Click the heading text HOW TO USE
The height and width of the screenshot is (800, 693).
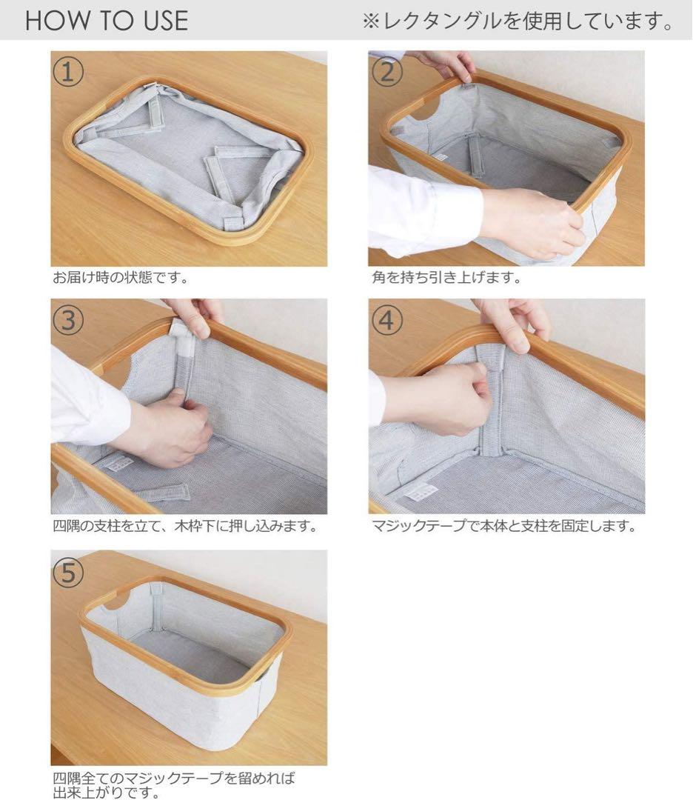pyautogui.click(x=107, y=21)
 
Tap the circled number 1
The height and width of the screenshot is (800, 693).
pyautogui.click(x=68, y=72)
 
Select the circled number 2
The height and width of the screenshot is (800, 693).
pyautogui.click(x=386, y=72)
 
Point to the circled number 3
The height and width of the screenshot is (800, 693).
pyautogui.click(x=68, y=320)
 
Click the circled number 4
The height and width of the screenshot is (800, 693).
pyautogui.click(x=386, y=320)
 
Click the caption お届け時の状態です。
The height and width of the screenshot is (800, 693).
pyautogui.click(x=121, y=278)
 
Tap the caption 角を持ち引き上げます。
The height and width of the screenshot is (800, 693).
pyautogui.click(x=446, y=278)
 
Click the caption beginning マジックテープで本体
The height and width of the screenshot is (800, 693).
pyautogui.click(x=504, y=525)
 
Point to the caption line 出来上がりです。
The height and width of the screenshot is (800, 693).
pyautogui.click(x=107, y=793)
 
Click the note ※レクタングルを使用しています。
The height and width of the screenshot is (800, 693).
pyautogui.click(x=518, y=21)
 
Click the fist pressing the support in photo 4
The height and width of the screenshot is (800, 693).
pyautogui.click(x=449, y=398)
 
